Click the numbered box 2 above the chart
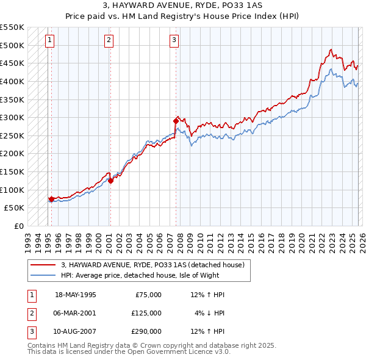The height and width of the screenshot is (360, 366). click(109, 41)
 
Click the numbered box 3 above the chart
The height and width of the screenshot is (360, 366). click(174, 41)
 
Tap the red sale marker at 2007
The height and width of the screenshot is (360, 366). click(176, 121)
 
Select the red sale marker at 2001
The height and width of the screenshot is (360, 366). click(110, 180)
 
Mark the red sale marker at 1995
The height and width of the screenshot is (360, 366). click(51, 198)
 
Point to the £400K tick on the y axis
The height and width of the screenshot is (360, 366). click(12, 81)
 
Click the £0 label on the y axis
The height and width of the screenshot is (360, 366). click(18, 226)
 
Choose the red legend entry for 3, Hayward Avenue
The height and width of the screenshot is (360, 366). click(152, 265)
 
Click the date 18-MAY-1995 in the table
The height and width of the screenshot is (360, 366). click(76, 295)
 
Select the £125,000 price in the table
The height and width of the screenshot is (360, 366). click(146, 313)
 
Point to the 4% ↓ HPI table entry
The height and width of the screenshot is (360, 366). click(209, 313)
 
